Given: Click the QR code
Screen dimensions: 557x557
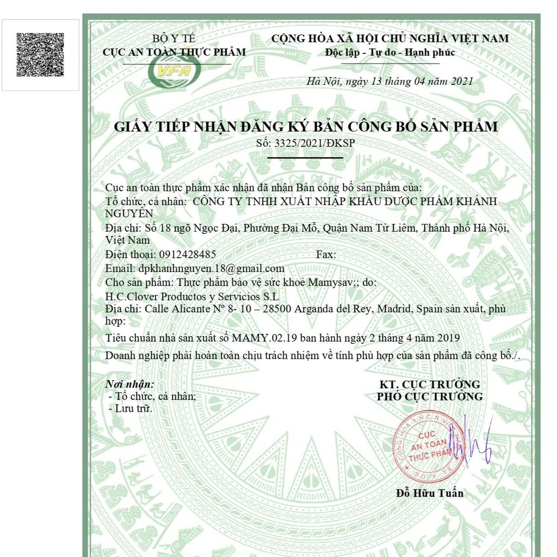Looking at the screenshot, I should [40, 54].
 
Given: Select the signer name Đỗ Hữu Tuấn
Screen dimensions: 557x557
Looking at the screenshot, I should [430, 493].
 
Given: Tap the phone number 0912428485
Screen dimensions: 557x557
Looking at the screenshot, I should [188, 254].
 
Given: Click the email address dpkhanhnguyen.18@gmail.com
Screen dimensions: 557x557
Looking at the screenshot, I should [211, 268].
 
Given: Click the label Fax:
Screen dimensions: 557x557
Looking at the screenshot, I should [326, 254].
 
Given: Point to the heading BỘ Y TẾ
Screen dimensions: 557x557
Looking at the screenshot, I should [174, 39].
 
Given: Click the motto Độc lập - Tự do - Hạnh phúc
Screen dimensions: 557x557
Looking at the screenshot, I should [390, 53].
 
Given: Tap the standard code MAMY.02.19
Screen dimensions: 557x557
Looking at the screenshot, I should [269, 338].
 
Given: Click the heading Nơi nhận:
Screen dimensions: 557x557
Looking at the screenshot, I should [129, 384].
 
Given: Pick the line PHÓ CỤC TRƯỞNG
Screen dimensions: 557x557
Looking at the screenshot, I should [429, 397].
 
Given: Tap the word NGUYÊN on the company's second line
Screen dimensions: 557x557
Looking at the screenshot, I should [129, 213].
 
